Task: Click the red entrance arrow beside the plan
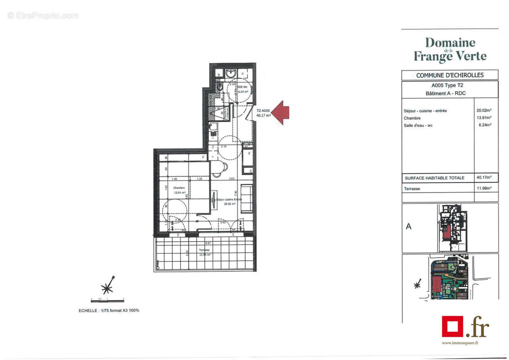pyautogui.click(x=281, y=112)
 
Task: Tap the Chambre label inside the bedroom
pyautogui.click(x=167, y=188)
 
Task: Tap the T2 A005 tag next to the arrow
pyautogui.click(x=263, y=110)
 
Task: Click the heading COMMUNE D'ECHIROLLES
pyautogui.click(x=450, y=75)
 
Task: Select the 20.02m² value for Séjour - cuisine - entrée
pyautogui.click(x=484, y=110)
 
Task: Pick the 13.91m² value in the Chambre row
pyautogui.click(x=484, y=118)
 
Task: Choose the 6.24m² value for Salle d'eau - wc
pyautogui.click(x=484, y=125)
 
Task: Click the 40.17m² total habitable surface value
pyautogui.click(x=484, y=178)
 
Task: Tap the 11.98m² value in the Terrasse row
pyautogui.click(x=484, y=189)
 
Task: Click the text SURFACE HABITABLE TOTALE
pyautogui.click(x=434, y=178)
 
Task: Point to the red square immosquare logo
pyautogui.click(x=452, y=326)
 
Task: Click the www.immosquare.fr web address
pyautogui.click(x=459, y=343)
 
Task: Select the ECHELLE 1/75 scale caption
pyautogui.click(x=109, y=310)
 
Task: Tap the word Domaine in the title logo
pyautogui.click(x=450, y=43)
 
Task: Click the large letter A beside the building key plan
pyautogui.click(x=409, y=226)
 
